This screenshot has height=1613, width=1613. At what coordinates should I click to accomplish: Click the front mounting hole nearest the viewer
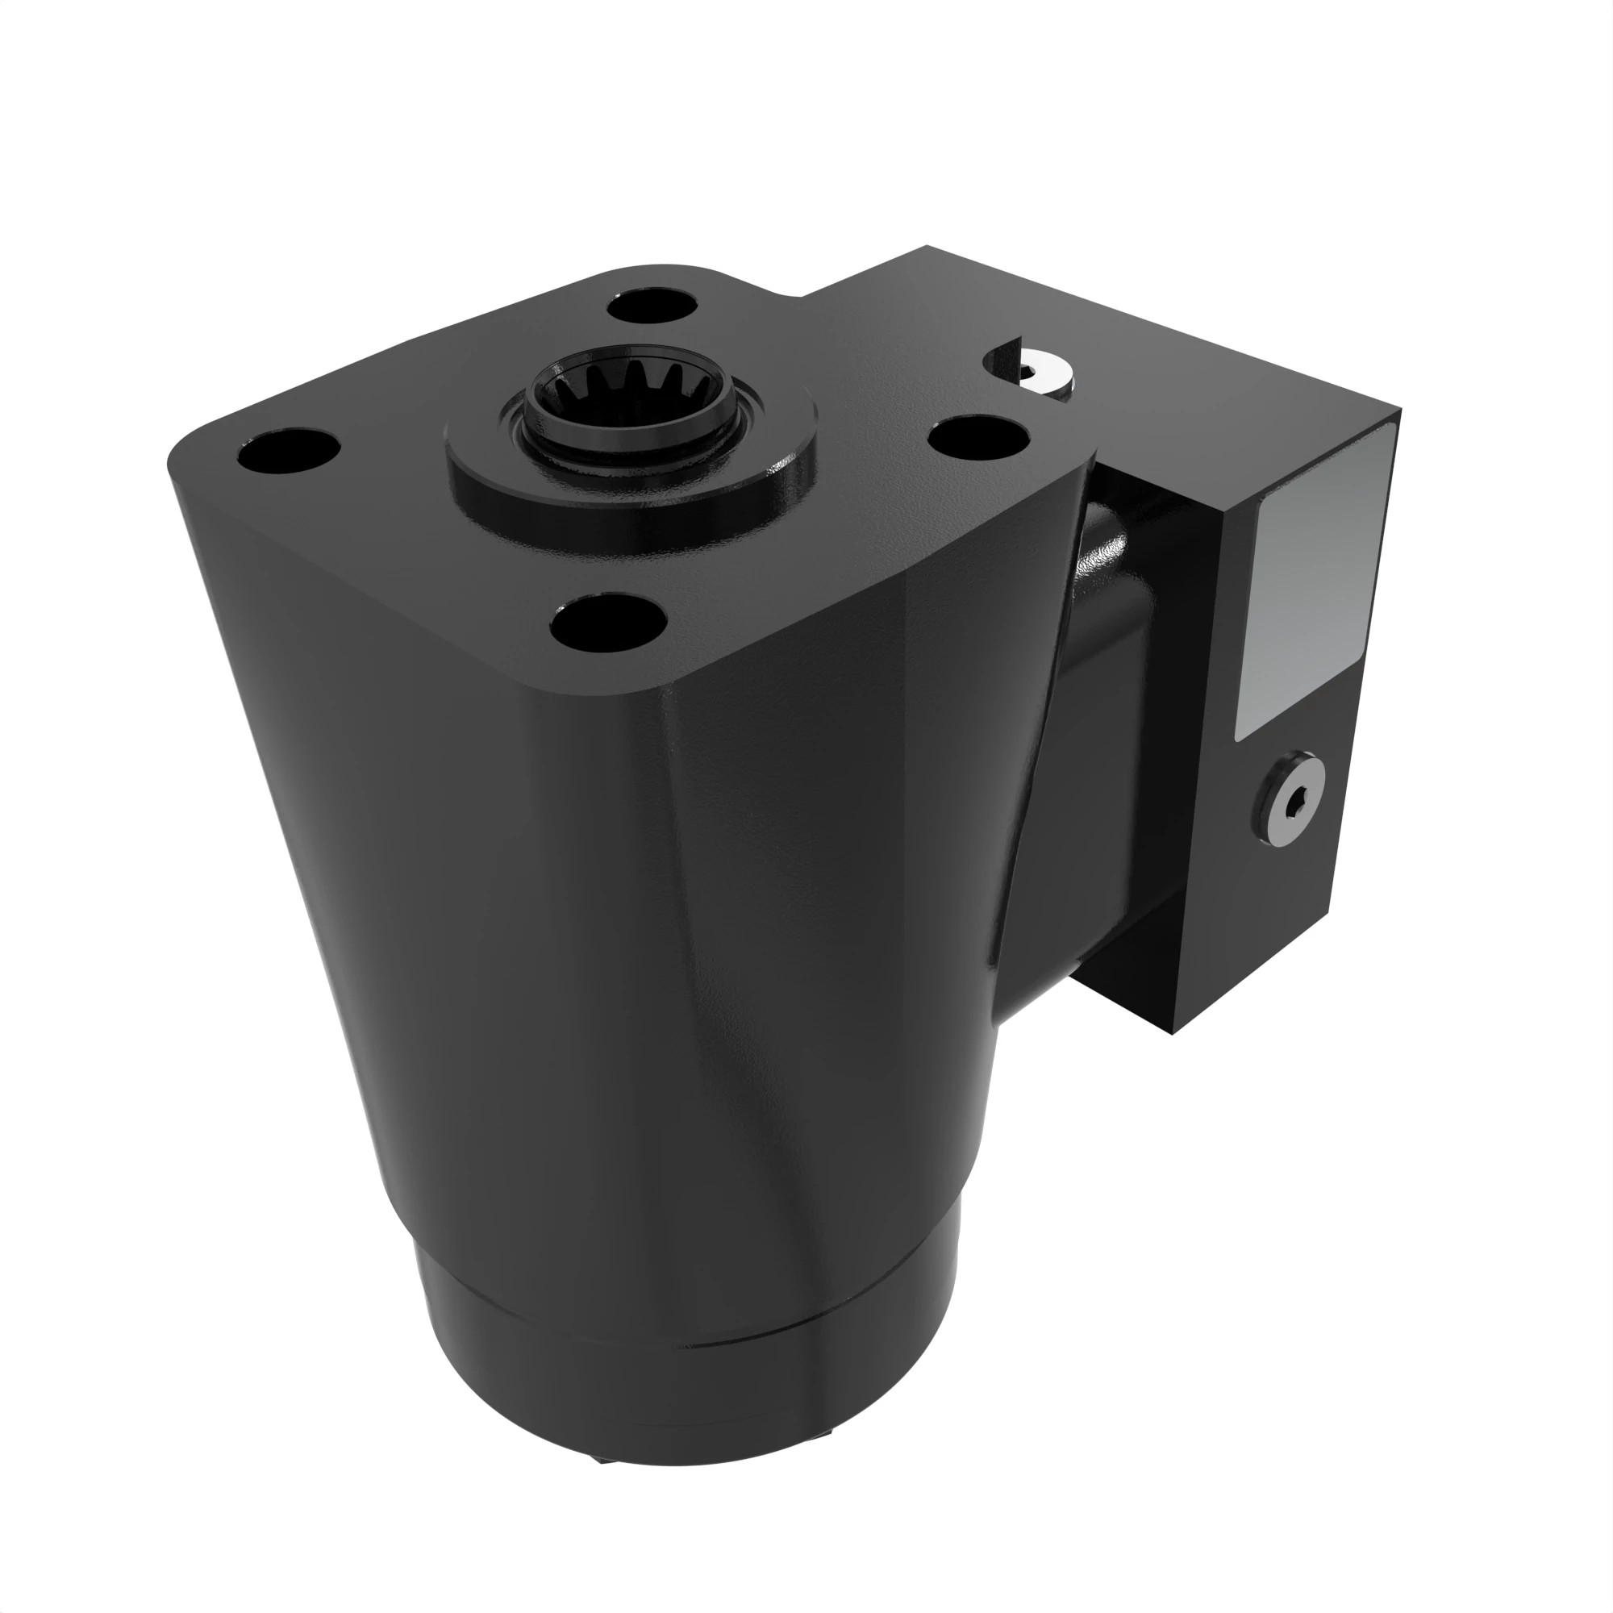coord(609,624)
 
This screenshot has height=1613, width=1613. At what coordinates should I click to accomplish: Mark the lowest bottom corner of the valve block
coord(1176,1032)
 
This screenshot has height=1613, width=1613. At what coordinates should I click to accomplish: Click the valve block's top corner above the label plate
coord(1399,411)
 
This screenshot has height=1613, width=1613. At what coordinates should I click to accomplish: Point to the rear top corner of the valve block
coord(927,247)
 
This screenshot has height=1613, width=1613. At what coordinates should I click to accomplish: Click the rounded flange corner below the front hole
coord(651,693)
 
